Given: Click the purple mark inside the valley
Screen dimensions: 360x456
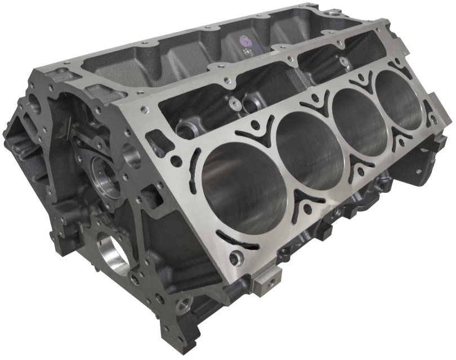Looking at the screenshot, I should [x=245, y=41].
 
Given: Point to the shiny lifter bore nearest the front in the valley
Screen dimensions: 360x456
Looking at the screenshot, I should [x=186, y=131].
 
